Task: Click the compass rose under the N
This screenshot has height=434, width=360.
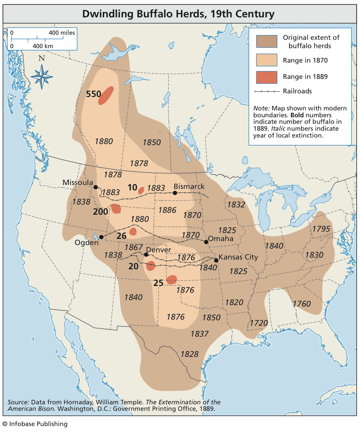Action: pos(42,76)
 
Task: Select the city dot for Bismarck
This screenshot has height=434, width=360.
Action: pos(175,193)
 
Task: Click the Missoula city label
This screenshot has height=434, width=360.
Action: pos(78,182)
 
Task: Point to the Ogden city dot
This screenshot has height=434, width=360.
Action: pos(101,237)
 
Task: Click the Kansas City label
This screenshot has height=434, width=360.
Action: pos(238,257)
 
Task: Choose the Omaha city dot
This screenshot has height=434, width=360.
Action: pos(206,242)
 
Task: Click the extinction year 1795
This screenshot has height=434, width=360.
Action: pos(321,229)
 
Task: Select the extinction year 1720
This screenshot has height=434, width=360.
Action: pos(259,323)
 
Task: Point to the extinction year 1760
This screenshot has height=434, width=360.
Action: pos(301,304)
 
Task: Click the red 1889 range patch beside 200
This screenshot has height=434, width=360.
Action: pos(116,209)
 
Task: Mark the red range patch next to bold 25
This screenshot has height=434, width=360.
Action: pos(171,279)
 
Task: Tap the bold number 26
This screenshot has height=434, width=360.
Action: pos(122,236)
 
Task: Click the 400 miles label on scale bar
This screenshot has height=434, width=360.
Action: pos(62,33)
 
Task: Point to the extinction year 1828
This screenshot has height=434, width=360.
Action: pos(190,354)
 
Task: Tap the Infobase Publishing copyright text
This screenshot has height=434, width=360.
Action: pos(35,424)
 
